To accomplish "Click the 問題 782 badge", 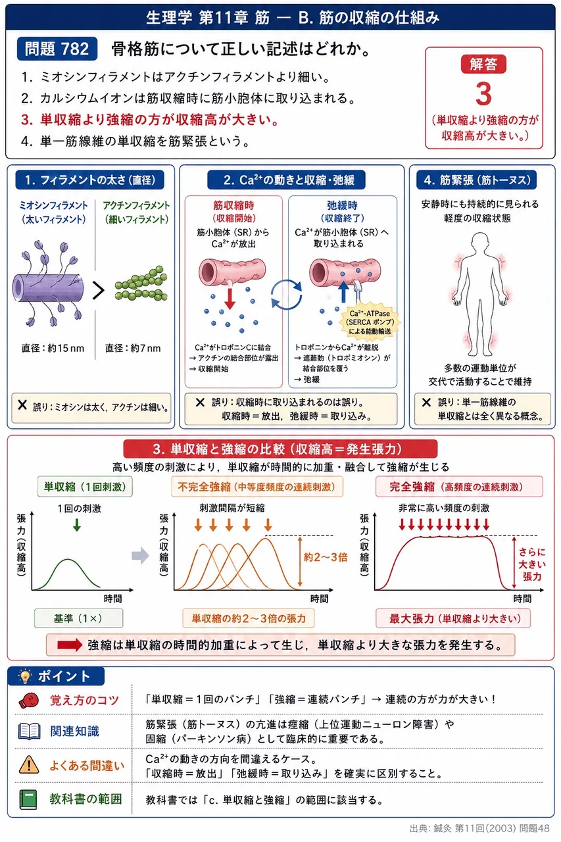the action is coord(57,49).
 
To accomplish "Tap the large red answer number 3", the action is coord(483,94).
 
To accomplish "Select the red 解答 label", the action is coord(483,64).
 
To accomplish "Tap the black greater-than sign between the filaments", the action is coord(98,291).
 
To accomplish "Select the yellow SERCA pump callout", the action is coord(370,322).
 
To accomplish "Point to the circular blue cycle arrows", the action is coord(286,295).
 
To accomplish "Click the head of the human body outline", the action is coord(480,243).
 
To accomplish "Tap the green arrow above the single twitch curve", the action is coord(77,525).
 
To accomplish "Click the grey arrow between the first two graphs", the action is coord(141,556).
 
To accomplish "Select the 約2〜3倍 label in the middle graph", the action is coord(326,557).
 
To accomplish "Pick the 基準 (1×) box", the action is coord(78,618).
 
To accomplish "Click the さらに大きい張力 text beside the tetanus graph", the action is coord(531,564).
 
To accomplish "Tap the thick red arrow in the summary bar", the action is coord(70,645).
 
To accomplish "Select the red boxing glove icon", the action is coord(29,701).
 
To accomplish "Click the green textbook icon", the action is coord(28,799).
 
